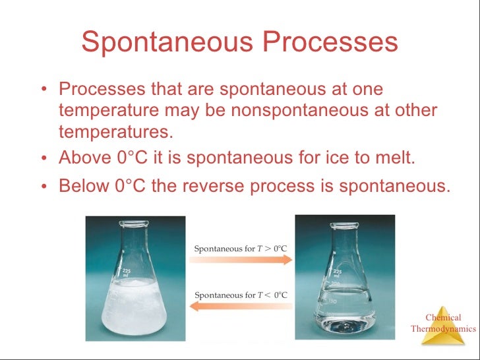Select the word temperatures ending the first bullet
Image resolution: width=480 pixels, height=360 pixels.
pos(115,131)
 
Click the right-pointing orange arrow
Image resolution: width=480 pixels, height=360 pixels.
pos(241,260)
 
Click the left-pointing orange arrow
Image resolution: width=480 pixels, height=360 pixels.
pos(241,306)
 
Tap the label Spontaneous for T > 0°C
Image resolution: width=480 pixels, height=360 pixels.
pos(241,249)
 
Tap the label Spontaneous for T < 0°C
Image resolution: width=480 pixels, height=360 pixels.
pos(241,294)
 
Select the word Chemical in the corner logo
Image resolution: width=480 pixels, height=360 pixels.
pos(443,317)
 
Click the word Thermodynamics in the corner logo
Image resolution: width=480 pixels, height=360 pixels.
pos(443,328)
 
